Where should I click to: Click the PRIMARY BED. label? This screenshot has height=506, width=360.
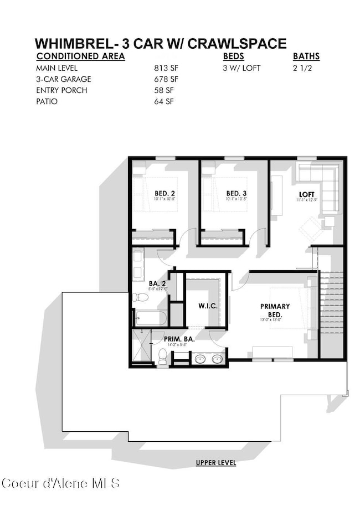pos(275,309)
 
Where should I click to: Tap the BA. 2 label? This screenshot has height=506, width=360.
pos(157,283)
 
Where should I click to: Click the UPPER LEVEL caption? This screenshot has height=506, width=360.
pos(215,463)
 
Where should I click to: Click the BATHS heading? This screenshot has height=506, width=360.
pos(306,56)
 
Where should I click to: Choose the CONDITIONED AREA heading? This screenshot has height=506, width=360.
pos(80,56)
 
